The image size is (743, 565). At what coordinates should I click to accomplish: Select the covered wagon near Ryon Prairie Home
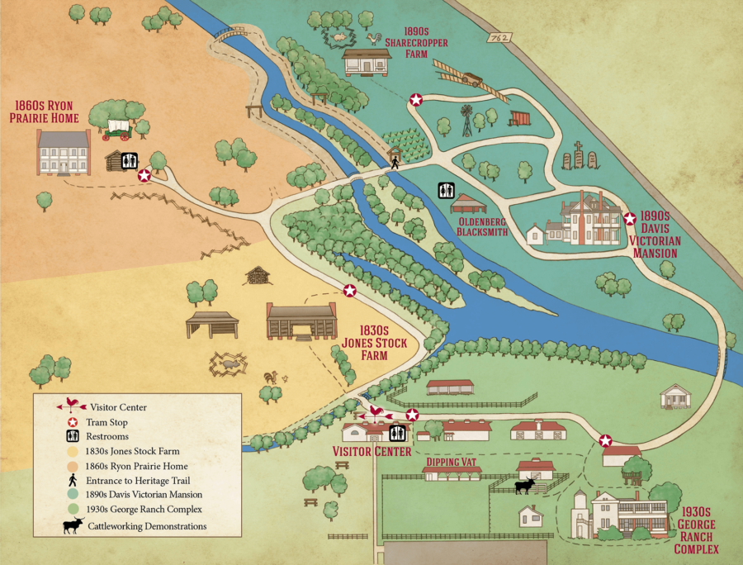tap(118, 128)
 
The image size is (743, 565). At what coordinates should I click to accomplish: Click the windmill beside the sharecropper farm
tap(467, 120)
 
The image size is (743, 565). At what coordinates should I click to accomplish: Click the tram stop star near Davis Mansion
tap(630, 219)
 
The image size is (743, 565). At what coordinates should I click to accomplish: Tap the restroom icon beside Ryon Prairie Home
tap(130, 160)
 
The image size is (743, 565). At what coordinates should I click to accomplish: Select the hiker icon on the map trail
tap(395, 163)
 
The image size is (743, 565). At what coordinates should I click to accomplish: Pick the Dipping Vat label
tap(451, 461)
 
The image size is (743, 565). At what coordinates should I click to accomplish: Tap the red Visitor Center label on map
tap(371, 452)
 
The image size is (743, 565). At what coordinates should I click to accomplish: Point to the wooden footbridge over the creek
tap(230, 33)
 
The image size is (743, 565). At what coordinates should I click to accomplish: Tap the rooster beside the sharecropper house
tap(376, 38)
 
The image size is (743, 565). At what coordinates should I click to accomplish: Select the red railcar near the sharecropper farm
tap(519, 118)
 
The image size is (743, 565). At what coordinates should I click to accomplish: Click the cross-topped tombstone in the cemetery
tap(579, 154)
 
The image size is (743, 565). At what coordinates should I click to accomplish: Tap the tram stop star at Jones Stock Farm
tap(350, 291)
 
